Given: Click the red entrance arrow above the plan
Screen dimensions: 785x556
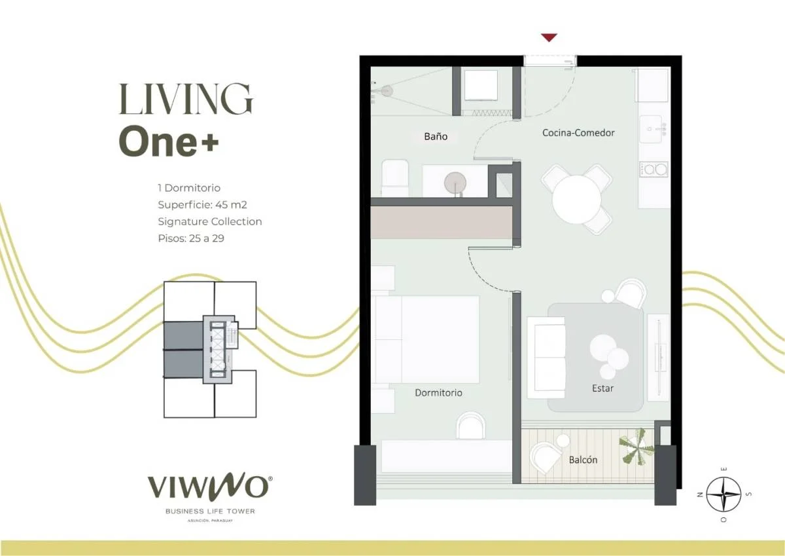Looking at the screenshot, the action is coord(549,37).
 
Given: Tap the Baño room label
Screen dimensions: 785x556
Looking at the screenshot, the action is coord(436,136).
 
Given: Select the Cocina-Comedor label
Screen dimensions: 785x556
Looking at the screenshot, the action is coord(578,132).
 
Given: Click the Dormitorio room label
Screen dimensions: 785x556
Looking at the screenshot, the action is coord(438,392).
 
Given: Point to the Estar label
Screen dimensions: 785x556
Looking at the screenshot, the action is coord(602,388).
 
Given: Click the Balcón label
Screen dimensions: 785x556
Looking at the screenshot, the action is coord(583,460).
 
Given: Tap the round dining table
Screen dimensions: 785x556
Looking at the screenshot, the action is coord(576,199).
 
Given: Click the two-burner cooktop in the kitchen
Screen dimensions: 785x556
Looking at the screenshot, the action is coord(654,170).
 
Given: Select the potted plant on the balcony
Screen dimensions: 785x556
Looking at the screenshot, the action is coord(636,447).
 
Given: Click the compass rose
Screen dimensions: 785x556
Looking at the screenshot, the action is coord(724,494).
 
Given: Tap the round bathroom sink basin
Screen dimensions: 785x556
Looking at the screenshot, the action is coord(455,183).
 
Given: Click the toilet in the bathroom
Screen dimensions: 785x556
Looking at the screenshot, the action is coord(394,177).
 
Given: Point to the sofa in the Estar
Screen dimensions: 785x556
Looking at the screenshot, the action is coord(546,358).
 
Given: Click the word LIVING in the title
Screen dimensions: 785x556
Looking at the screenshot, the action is coord(186,99).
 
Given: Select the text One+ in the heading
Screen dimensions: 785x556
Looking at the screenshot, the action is coord(169,141).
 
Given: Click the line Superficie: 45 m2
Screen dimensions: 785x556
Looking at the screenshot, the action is coord(202,204).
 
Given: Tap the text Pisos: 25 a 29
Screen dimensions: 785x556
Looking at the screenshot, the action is coord(191,238).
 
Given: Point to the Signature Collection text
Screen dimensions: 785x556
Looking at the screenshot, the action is coord(209,222).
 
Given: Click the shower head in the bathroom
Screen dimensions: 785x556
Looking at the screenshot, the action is coord(385,91).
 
